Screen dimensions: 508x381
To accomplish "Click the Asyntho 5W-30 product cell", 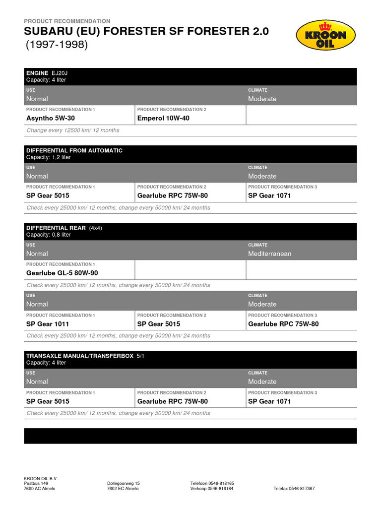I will click(x=51, y=118).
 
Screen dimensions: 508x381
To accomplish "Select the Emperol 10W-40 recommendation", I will click(x=163, y=118).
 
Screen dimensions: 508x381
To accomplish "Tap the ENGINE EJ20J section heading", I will click(x=46, y=73).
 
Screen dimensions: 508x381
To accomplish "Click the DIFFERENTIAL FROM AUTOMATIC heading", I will click(x=74, y=150).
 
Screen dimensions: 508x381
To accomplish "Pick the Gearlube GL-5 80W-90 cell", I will click(x=62, y=273).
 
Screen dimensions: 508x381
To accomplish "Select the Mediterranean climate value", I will click(x=270, y=254).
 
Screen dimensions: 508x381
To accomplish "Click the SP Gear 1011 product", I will click(x=48, y=324).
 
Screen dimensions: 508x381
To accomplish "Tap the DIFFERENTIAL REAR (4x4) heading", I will click(x=64, y=228).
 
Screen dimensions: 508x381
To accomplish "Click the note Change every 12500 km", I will click(x=72, y=130).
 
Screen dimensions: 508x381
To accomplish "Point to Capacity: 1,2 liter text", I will click(x=49, y=157).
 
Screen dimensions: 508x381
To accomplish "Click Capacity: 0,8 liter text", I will click(x=49, y=235).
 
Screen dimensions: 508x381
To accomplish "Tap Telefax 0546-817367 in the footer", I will click(x=294, y=489).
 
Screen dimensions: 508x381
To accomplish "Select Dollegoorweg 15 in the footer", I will click(x=124, y=483).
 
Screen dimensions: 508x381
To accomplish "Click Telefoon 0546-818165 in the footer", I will click(x=212, y=483).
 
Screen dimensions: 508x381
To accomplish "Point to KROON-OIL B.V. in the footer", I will click(x=41, y=478).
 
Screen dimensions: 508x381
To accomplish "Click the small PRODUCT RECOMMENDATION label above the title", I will click(x=67, y=21).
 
